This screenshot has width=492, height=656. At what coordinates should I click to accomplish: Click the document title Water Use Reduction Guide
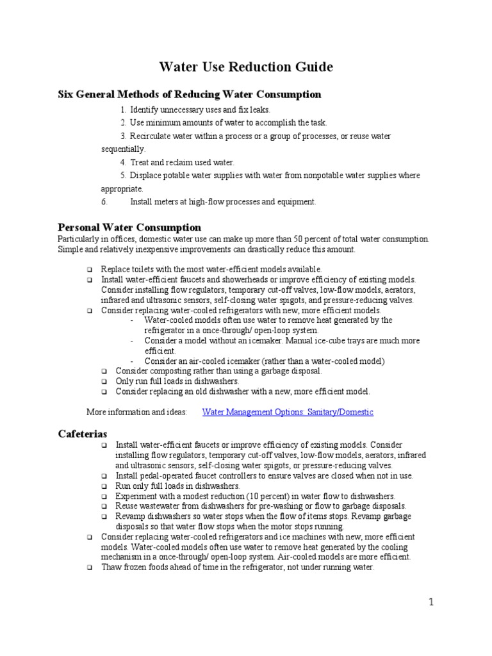245,67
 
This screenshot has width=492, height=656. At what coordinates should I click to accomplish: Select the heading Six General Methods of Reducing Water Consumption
189,95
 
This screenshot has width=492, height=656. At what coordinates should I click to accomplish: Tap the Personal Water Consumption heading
129,227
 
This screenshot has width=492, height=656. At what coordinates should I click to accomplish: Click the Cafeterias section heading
83,434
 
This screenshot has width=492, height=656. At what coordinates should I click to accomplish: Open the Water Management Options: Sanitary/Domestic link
288,412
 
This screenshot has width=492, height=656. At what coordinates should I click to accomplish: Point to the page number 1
432,602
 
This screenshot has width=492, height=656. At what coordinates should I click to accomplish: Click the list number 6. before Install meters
104,202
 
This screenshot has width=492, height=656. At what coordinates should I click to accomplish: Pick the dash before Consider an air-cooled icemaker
132,361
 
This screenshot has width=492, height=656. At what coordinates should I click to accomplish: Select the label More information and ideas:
136,412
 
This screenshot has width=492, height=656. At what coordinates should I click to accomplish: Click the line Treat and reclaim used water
177,163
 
